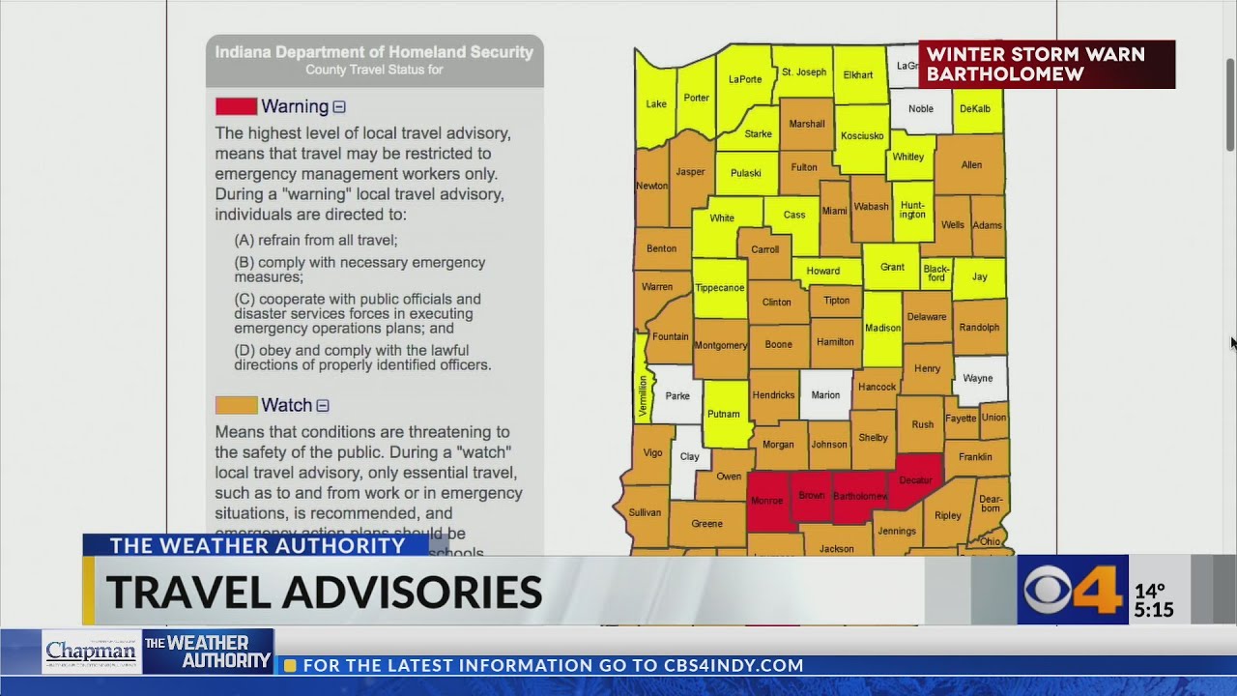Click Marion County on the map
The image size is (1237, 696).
tap(825, 394)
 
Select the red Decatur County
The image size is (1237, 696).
tap(915, 479)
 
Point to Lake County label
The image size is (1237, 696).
tap(655, 104)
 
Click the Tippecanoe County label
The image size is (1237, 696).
tap(719, 288)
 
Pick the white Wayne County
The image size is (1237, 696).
tap(978, 378)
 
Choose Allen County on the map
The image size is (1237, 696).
tap(971, 165)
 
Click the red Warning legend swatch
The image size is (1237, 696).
tap(236, 106)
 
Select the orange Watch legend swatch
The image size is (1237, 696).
tap(236, 405)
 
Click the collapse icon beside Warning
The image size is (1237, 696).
tap(339, 107)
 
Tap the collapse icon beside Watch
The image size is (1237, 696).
tap(323, 406)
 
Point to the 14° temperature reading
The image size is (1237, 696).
tap(1150, 591)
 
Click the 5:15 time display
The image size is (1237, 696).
tap(1154, 610)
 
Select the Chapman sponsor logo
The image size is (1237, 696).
tap(92, 652)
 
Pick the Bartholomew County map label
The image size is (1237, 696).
tap(860, 497)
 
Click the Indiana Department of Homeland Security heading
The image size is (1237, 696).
tap(374, 52)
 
